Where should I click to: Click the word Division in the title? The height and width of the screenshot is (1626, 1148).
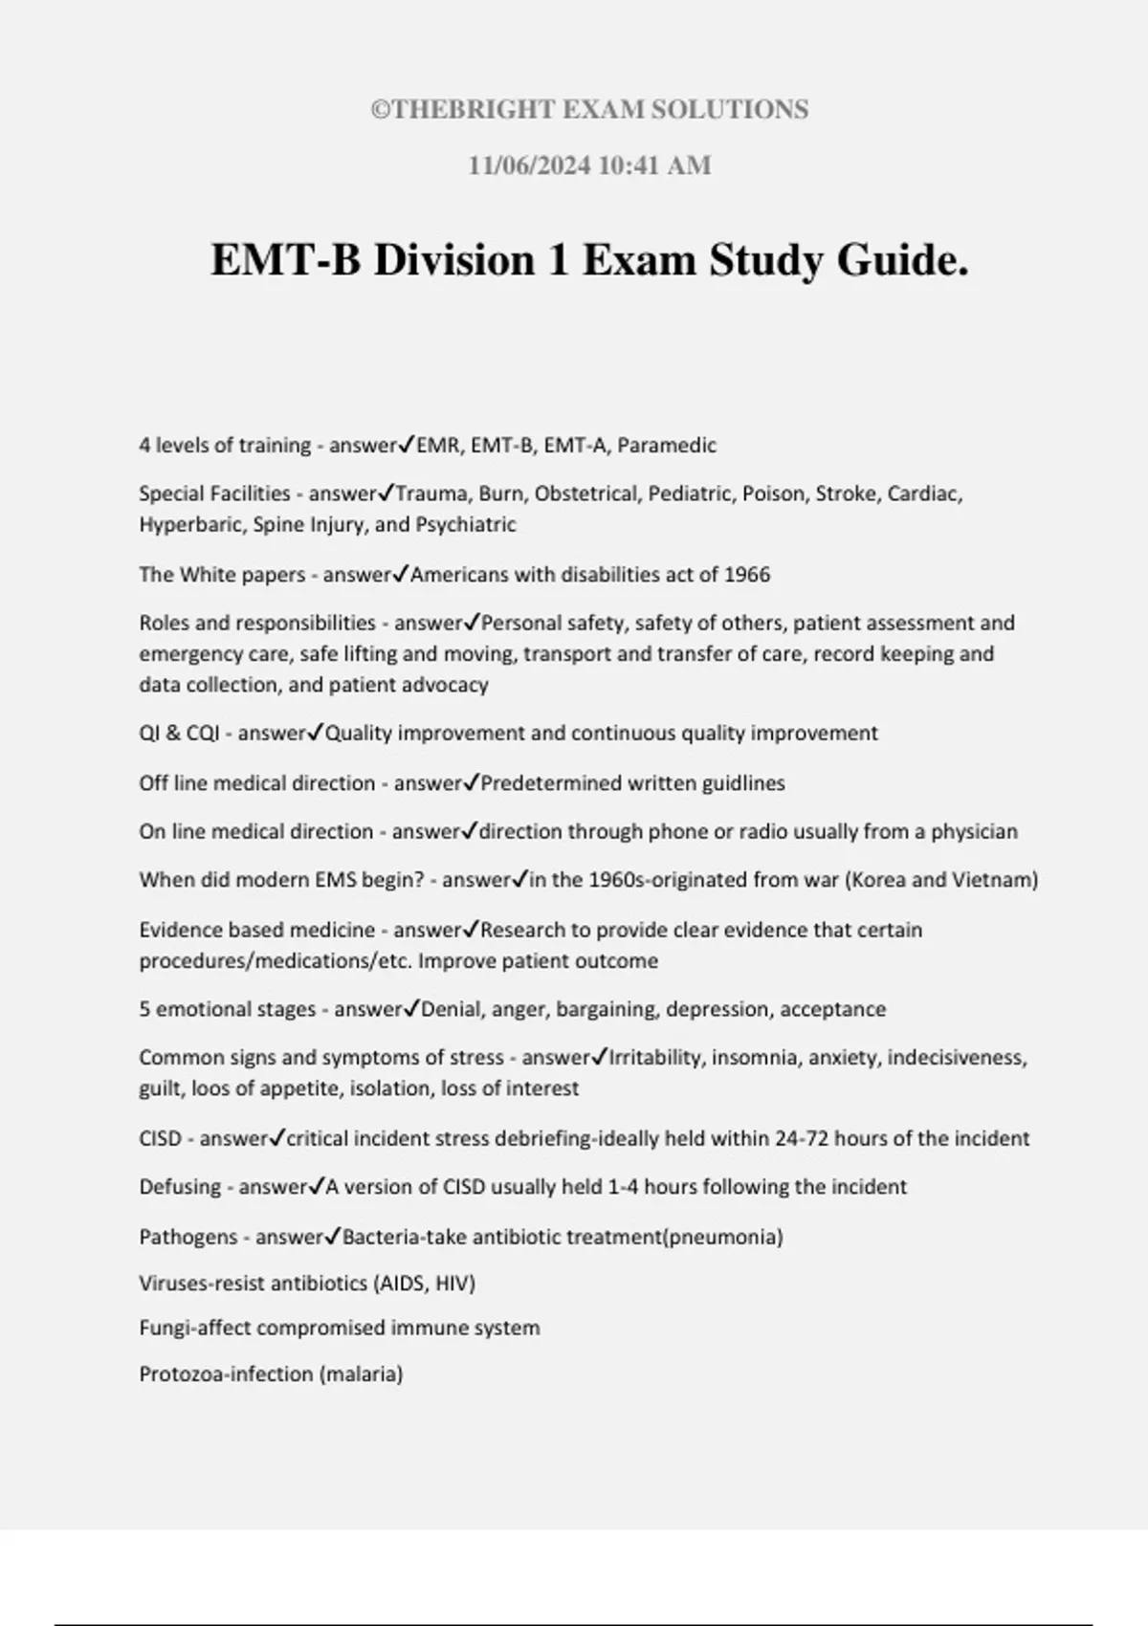(x=453, y=260)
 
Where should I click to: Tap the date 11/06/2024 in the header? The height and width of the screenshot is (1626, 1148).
(x=528, y=165)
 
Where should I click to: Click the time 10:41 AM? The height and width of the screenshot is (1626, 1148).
(x=654, y=165)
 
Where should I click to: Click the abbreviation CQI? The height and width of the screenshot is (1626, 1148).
(x=203, y=733)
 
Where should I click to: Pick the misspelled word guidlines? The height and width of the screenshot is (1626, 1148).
(x=743, y=782)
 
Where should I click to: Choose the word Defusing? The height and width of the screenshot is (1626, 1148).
(x=180, y=1187)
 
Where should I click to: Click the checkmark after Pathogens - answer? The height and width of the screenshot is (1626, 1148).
(x=333, y=1236)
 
